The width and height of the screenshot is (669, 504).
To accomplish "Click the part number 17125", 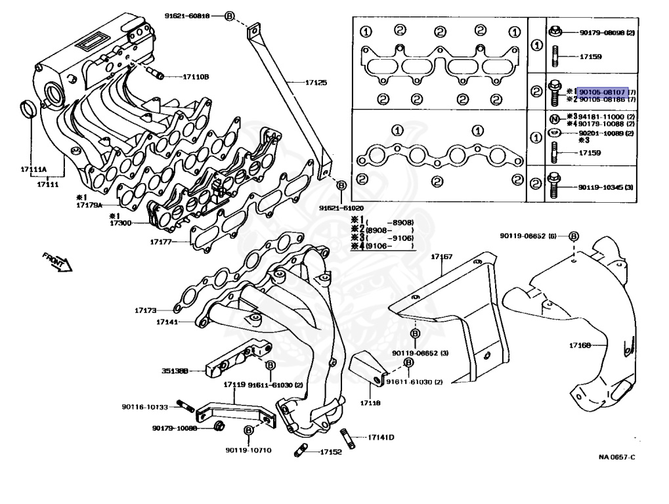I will pos(316,83).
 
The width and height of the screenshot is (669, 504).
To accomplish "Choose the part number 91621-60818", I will pos(187,15).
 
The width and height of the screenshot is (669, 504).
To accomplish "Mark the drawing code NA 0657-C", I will pos(617,457).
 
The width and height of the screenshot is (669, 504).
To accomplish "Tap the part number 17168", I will pos(580,344).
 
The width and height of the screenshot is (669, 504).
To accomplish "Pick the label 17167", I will pos(441,257).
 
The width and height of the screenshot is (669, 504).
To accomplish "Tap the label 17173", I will pos(146,309).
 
